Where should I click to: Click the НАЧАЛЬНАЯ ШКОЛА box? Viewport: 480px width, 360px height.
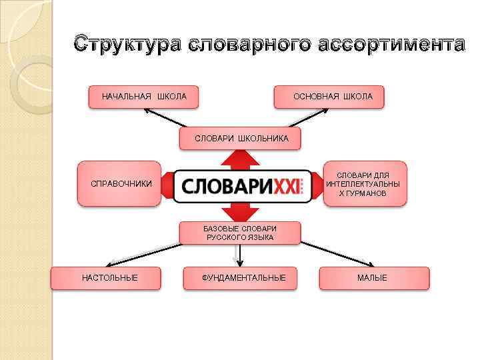(143, 97)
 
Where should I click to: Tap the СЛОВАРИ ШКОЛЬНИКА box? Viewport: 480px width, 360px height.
(241, 139)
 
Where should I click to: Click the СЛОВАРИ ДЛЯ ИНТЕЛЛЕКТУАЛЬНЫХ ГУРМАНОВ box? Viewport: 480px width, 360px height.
(364, 183)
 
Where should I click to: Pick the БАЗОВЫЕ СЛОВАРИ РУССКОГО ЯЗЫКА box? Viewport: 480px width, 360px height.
(240, 233)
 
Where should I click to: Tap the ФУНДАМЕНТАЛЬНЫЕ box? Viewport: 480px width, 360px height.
(243, 277)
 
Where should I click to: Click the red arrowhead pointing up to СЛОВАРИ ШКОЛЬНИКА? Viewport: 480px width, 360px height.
(240, 159)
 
